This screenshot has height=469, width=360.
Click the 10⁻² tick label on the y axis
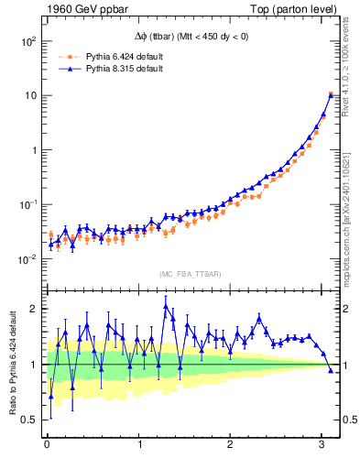[25, 259]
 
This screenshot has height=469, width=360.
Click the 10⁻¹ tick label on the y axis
[25, 205]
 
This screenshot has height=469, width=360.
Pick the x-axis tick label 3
[322, 444]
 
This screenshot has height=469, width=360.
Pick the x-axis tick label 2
[230, 444]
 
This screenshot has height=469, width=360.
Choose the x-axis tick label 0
[47, 444]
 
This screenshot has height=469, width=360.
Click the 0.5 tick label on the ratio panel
[27, 420]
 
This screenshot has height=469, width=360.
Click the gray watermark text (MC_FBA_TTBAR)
[189, 275]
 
